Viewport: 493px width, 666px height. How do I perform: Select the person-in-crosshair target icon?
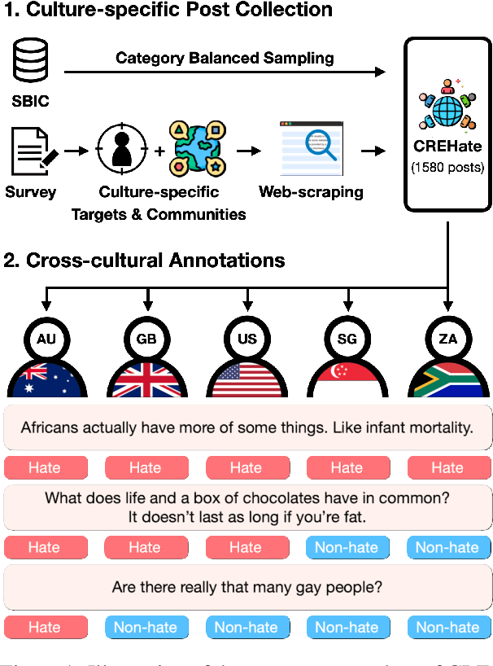click(x=122, y=151)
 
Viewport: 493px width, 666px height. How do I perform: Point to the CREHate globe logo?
click(x=447, y=109)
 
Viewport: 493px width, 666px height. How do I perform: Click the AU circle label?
click(x=44, y=337)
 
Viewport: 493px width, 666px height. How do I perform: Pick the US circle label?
click(x=246, y=337)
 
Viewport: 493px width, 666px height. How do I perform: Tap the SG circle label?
click(x=347, y=337)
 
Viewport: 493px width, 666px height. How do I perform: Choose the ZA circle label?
click(x=447, y=337)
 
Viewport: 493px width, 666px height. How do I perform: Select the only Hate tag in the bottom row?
click(x=44, y=627)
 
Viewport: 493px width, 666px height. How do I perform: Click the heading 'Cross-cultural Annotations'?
click(x=155, y=261)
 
